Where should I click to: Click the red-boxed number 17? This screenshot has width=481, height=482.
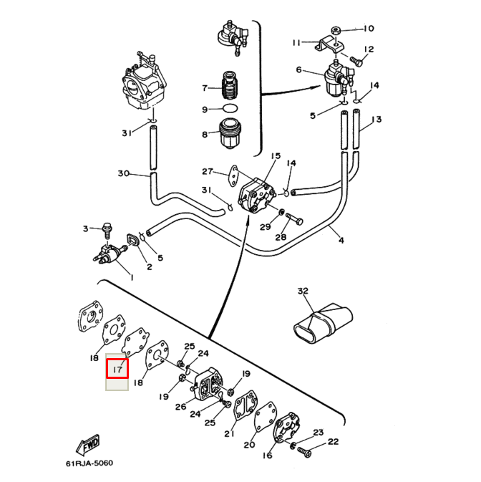coord(117,369)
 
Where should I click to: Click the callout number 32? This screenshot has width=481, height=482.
coord(302,291)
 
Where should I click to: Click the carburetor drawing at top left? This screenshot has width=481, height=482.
coord(143,85)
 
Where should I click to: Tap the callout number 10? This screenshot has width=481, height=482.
coord(368,29)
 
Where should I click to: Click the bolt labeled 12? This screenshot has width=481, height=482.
coord(355,62)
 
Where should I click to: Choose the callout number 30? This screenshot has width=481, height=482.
coord(122,174)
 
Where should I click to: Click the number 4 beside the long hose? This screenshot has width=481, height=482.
coord(341,241)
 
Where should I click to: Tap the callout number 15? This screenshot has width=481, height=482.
coord(275,155)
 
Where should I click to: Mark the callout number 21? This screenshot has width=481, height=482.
coord(229,433)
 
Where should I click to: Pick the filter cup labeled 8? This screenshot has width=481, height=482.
coord(230,134)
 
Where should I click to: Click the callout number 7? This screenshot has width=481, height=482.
coord(205,88)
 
